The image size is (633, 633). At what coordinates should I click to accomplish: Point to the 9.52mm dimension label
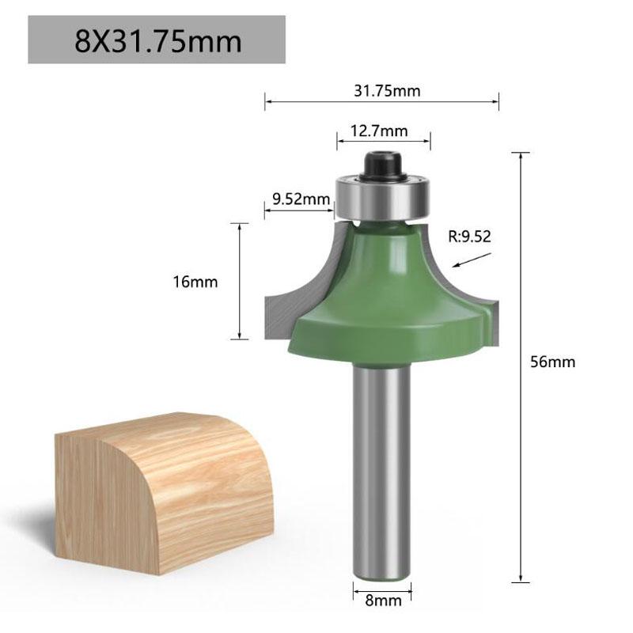click(300, 199)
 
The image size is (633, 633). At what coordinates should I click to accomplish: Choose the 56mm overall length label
click(553, 362)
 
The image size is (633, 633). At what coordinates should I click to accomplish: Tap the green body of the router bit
click(385, 301)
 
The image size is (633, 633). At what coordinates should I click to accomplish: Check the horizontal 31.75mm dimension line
click(316, 101)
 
